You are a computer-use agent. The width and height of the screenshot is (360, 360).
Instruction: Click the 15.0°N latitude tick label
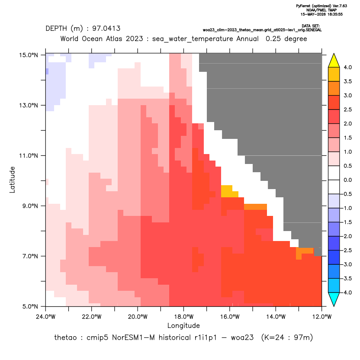pos(29,55)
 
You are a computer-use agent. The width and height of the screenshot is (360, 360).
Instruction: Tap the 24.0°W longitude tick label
pos(46,317)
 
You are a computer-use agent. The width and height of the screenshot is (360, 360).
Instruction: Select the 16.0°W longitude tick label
pos(230,317)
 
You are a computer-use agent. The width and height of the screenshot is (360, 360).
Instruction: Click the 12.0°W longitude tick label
pos(321,317)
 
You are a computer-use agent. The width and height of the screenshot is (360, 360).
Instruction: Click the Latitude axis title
pos(12,180)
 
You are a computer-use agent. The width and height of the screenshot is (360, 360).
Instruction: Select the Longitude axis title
pos(183,325)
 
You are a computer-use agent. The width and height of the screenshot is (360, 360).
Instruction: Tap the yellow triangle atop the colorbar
pos(334,61)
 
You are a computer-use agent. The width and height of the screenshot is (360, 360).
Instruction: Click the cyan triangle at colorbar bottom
pos(334,299)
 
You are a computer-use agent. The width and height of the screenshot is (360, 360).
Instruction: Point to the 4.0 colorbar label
pos(347,67)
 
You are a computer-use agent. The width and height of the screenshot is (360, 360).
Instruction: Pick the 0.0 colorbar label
pos(347,180)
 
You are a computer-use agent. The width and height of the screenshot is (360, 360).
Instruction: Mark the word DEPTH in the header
pos(56,29)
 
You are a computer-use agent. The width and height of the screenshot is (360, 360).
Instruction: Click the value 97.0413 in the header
pos(106,29)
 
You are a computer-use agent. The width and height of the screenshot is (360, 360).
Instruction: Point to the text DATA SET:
pos(311,26)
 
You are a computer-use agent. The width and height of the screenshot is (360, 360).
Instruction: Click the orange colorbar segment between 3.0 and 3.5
pos(334,88)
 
